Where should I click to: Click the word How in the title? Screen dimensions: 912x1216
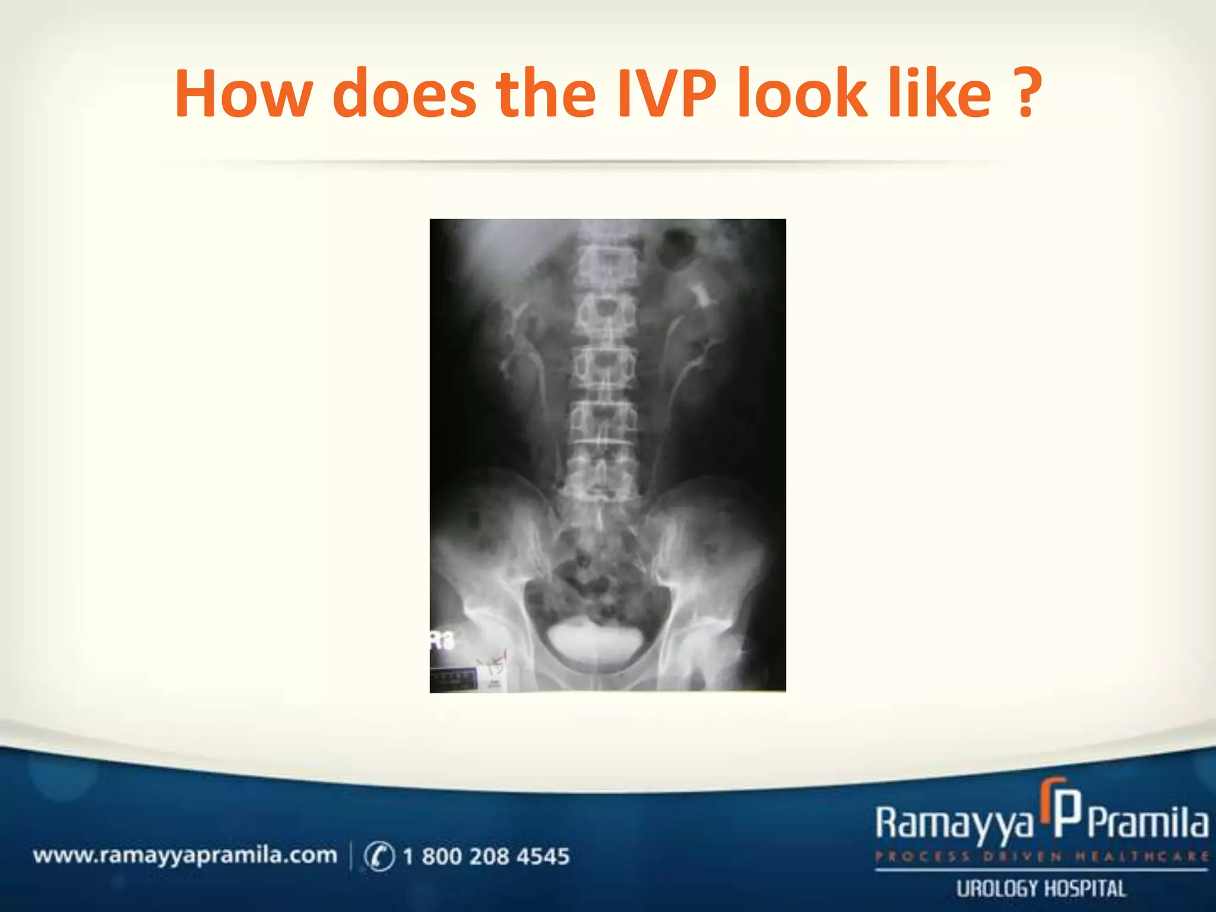(x=243, y=94)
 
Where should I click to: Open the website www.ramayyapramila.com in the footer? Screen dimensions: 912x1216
(x=185, y=856)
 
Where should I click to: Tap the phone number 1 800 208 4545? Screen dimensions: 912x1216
(x=486, y=856)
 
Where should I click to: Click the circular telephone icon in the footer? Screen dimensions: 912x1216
(x=379, y=856)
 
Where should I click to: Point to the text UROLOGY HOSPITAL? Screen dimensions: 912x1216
(x=1041, y=889)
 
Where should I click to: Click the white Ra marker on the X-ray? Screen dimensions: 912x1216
(x=442, y=641)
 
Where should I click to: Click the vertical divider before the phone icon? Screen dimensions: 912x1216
(x=351, y=856)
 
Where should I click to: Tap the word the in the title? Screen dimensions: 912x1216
(x=546, y=94)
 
